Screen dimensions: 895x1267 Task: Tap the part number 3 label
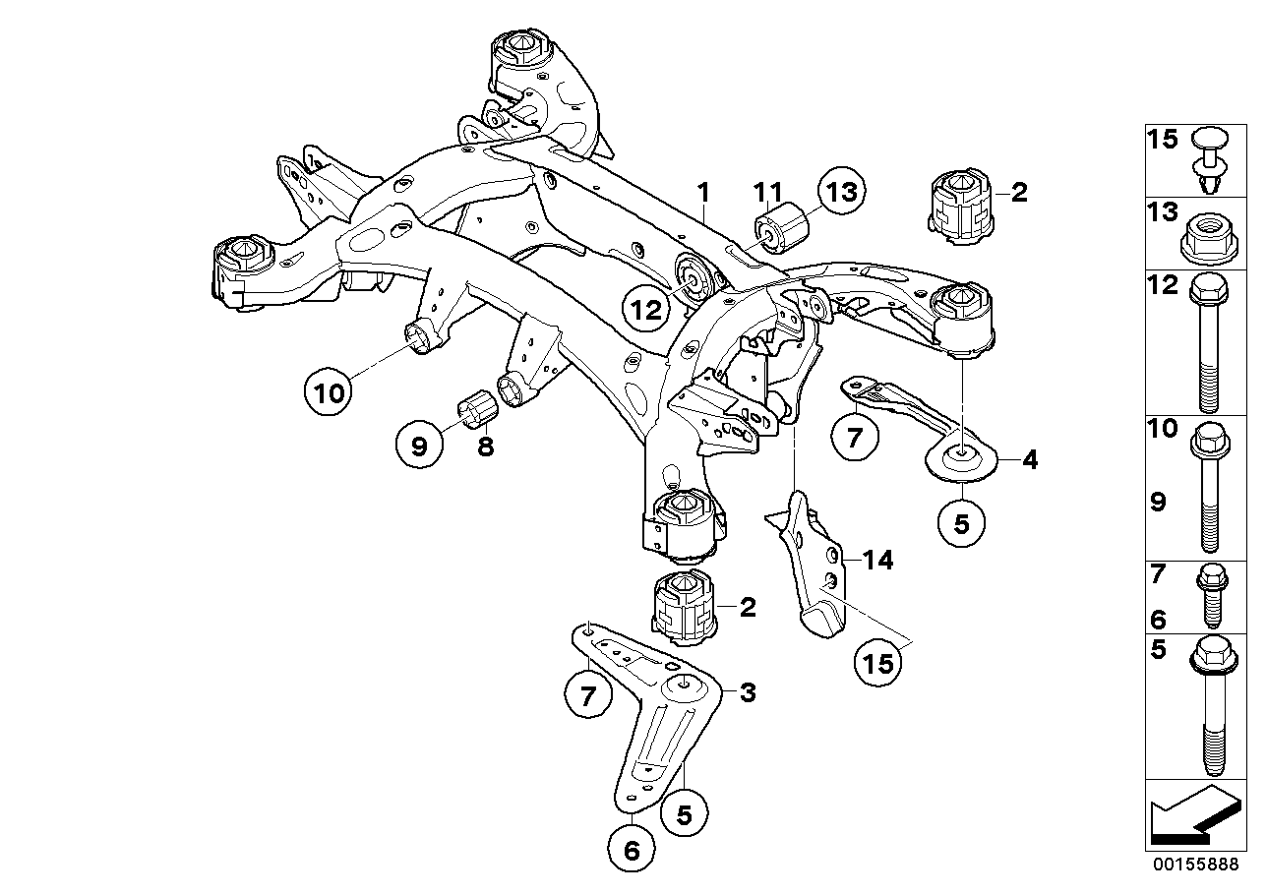coord(748,693)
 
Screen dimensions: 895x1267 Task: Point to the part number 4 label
coord(1030,458)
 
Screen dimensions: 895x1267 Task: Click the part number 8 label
coord(485,447)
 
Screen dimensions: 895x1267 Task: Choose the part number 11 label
coord(767,190)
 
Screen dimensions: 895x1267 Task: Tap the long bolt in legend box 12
coord(1208,344)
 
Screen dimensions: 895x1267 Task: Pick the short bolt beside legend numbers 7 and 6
coord(1209,595)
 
